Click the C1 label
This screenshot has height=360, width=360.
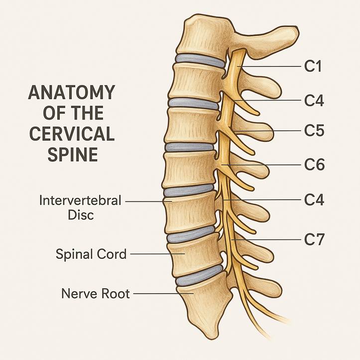pyautogui.click(x=313, y=66)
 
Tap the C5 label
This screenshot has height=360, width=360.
pyautogui.click(x=314, y=130)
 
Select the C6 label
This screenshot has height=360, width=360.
pyautogui.click(x=314, y=165)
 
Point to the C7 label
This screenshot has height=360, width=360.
pyautogui.click(x=314, y=240)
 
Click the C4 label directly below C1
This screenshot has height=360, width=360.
pyautogui.click(x=314, y=101)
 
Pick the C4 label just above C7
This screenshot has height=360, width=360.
pyautogui.click(x=314, y=200)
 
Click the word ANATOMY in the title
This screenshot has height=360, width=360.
pyautogui.click(x=71, y=92)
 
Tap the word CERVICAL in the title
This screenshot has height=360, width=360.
pyautogui.click(x=72, y=134)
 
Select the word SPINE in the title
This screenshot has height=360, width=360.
pyautogui.click(x=73, y=154)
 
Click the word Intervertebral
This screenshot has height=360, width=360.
pyautogui.click(x=80, y=201)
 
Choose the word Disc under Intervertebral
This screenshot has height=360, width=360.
pyautogui.click(x=81, y=215)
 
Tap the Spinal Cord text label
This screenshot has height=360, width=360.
pyautogui.click(x=91, y=254)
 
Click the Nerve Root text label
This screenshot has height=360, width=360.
pyautogui.click(x=96, y=294)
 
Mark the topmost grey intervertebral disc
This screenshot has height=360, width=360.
pyautogui.click(x=200, y=60)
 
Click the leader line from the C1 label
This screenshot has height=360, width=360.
pyautogui.click(x=269, y=66)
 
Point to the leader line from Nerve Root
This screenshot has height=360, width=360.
pyautogui.click(x=163, y=293)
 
